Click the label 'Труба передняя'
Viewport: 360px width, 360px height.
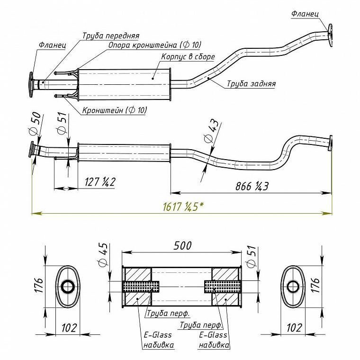(x=111, y=36)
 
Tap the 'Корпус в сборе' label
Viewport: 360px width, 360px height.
(x=188, y=56)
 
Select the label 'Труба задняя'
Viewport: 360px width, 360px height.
(x=252, y=83)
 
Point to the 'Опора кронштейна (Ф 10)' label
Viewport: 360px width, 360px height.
(x=155, y=45)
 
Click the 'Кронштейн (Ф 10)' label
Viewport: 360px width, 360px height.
(x=114, y=110)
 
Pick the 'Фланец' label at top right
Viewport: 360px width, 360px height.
(x=305, y=14)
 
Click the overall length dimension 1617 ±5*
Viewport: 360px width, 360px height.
(x=183, y=207)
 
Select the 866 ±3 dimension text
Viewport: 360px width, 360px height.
(x=252, y=186)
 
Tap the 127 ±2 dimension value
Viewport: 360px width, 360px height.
(x=100, y=182)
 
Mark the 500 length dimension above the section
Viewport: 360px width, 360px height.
(x=182, y=246)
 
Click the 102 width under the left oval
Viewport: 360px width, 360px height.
(x=69, y=328)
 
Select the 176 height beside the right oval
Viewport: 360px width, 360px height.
(x=316, y=285)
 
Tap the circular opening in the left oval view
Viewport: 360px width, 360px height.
(x=67, y=287)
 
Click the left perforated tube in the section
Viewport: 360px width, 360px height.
(x=141, y=287)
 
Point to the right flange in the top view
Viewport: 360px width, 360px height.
(x=330, y=35)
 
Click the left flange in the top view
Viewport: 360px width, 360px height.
(x=31, y=85)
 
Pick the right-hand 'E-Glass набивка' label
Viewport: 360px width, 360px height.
(x=214, y=340)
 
